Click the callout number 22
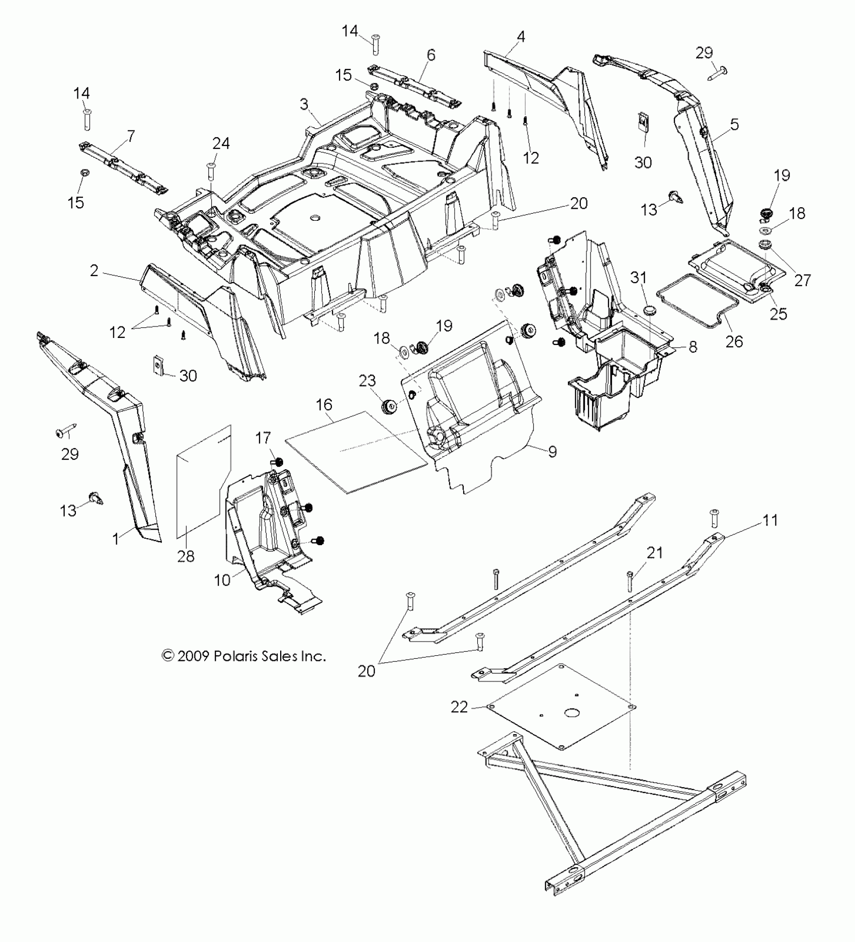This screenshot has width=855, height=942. (x=460, y=707)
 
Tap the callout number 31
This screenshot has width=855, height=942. (x=639, y=278)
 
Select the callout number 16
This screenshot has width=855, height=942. (x=324, y=404)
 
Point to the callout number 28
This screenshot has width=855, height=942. (x=186, y=556)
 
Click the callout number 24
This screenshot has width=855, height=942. (x=221, y=144)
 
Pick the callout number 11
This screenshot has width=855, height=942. (x=771, y=520)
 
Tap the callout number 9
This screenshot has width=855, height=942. (x=552, y=451)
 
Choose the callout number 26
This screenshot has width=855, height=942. (x=734, y=341)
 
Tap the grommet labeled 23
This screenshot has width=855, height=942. (x=389, y=406)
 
